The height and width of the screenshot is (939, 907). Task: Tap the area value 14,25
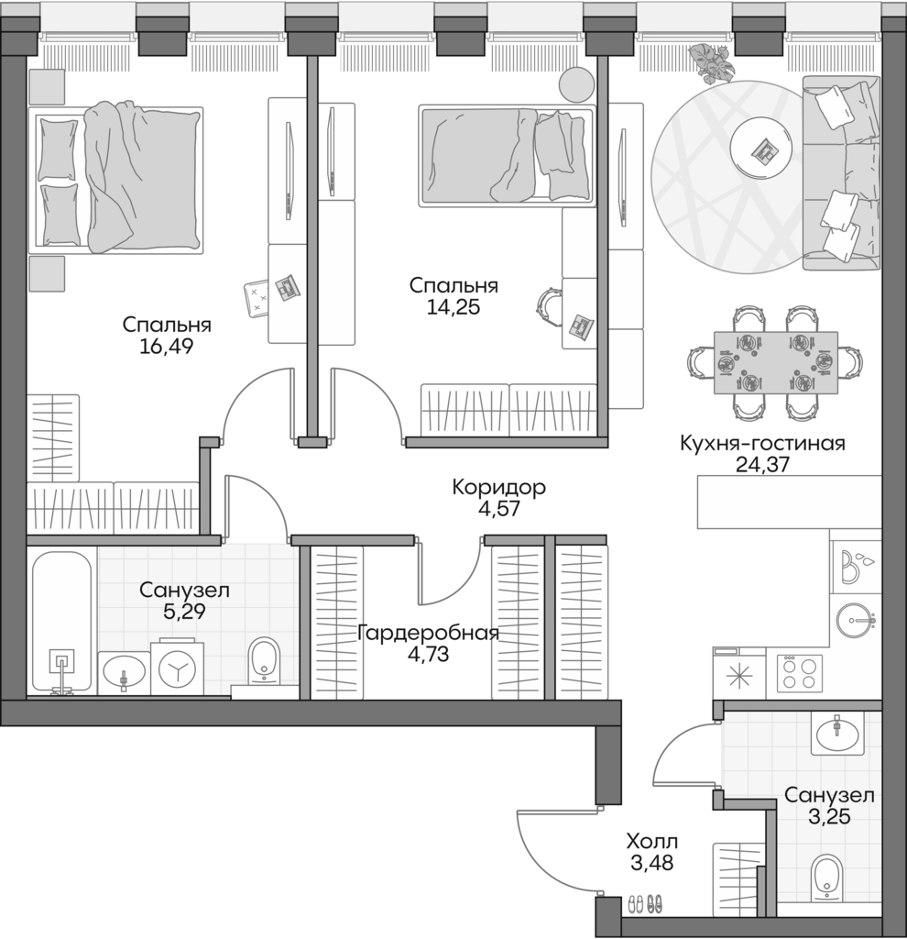(x=453, y=307)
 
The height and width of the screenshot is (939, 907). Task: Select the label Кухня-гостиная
(x=762, y=444)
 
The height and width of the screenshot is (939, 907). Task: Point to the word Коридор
(x=498, y=488)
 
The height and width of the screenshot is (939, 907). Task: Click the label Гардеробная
(x=428, y=634)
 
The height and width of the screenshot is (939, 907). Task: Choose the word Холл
(x=653, y=841)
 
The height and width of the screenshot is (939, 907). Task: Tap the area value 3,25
(x=828, y=817)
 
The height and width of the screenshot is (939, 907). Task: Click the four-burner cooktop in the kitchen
(x=799, y=673)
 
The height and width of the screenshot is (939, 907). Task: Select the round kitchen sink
(x=857, y=621)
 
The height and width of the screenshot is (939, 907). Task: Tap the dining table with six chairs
(x=775, y=362)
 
